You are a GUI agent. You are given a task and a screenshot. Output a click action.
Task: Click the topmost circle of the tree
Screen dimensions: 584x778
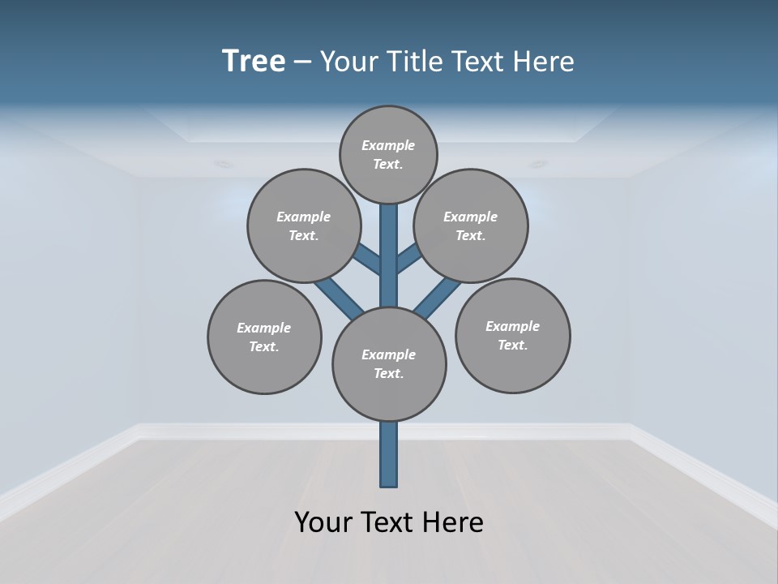388,154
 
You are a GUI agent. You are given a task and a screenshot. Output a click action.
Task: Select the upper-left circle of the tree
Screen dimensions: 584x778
303,225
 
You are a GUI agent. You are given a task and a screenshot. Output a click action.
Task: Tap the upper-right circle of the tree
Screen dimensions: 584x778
471,225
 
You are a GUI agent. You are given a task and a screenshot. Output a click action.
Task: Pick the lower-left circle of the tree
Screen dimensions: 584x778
264,337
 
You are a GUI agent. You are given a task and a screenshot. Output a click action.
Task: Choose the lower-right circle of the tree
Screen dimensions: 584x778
513,336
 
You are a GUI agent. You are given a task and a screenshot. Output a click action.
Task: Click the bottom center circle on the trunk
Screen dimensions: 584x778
389,363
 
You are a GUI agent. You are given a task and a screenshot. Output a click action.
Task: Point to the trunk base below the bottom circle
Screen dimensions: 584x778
389,454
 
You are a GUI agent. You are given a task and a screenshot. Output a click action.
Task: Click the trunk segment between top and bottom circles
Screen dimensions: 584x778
389,255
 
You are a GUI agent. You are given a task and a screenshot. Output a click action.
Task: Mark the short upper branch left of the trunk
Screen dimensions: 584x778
369,260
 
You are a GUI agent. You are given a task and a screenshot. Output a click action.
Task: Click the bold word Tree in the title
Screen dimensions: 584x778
254,61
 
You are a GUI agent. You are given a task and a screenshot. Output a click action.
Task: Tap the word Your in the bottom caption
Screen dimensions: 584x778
324,522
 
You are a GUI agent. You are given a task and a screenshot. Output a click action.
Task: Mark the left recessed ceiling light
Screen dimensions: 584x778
223,165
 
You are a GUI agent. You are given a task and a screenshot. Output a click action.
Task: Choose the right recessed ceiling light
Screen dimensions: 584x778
538,165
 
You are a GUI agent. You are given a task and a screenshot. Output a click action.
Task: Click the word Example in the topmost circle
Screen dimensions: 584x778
388,145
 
